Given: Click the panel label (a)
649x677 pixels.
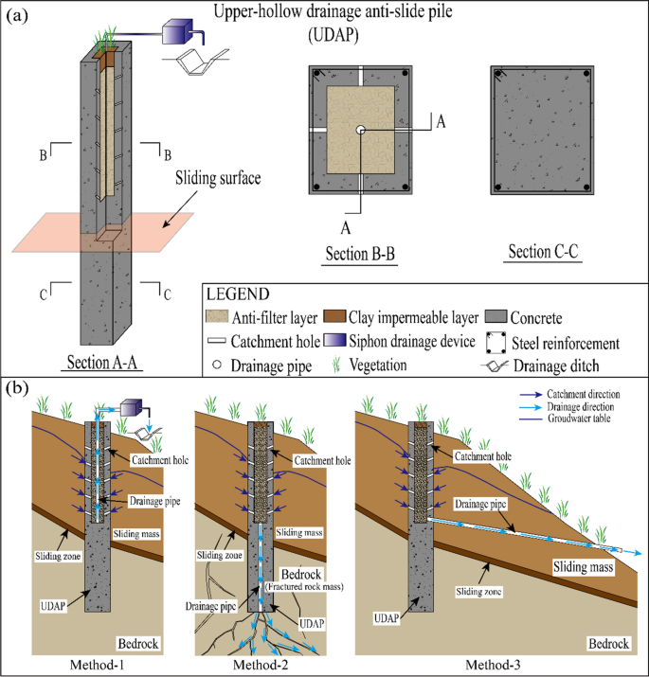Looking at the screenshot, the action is click(x=17, y=16).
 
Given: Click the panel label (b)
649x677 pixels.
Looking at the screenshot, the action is click(x=17, y=388).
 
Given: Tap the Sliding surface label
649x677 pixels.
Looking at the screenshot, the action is click(x=218, y=178).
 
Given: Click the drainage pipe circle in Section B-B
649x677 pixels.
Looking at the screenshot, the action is click(x=360, y=130).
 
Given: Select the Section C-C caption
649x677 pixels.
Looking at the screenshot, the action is click(x=543, y=251).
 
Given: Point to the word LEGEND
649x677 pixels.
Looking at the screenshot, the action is click(x=238, y=294).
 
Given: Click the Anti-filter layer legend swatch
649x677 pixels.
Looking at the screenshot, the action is click(x=217, y=316).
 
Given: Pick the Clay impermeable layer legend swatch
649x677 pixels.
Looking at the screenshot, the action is click(x=334, y=316).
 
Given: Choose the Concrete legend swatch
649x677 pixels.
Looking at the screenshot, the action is click(x=496, y=316).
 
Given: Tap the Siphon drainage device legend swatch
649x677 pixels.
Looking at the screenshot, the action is click(x=334, y=340).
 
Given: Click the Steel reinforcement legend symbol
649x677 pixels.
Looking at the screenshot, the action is click(x=496, y=343).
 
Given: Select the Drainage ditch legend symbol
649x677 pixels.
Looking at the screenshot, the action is click(x=495, y=366).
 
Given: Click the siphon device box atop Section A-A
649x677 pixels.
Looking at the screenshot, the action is click(x=177, y=31).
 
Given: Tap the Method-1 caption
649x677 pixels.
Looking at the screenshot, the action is click(x=97, y=665).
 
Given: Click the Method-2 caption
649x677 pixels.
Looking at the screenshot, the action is click(x=261, y=665).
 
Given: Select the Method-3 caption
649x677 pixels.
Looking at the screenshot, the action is click(x=493, y=665).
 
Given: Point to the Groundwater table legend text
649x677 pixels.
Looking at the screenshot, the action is click(x=579, y=418).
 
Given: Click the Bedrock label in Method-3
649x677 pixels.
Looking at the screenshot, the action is click(x=608, y=644).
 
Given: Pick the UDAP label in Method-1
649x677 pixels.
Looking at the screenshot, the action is click(x=53, y=606).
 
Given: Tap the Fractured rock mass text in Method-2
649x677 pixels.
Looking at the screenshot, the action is click(x=304, y=587).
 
